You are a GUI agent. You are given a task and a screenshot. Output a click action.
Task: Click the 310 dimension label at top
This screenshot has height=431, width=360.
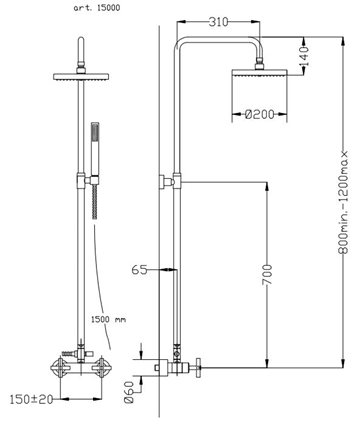[x=218, y=22]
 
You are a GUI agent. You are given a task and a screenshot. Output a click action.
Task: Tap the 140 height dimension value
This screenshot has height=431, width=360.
[x=304, y=56]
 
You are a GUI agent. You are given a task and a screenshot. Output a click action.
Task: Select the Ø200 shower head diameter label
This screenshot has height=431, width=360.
[x=259, y=114]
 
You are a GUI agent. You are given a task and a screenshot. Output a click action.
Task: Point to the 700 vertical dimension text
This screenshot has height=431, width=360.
[x=267, y=275]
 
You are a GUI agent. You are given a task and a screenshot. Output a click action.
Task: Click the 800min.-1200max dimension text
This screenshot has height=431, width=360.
[x=343, y=202]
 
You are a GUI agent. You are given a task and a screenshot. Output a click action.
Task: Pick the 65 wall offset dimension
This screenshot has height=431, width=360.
[x=139, y=270]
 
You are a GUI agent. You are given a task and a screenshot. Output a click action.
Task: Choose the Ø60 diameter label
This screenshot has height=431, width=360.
[x=129, y=392]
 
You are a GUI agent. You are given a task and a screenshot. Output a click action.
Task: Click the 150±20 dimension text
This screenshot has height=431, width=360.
[x=31, y=399]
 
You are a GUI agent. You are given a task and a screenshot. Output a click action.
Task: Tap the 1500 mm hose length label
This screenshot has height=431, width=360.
[x=109, y=319]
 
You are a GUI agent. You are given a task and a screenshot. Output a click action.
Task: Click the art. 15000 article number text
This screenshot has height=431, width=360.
[x=97, y=8]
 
